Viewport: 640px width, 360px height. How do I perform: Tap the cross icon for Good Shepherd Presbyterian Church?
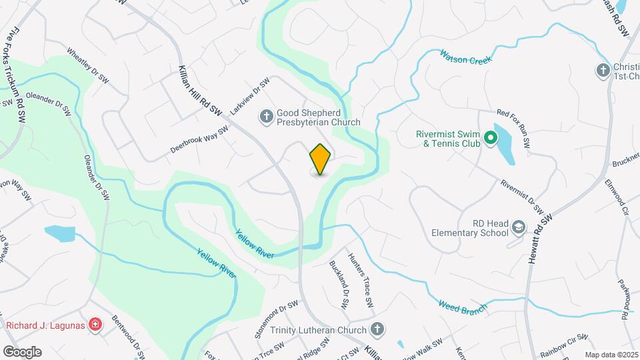coord(266,117)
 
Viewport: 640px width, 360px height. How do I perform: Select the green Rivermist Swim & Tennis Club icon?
coord(491,138)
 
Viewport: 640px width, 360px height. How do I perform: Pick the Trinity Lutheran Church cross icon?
coord(377,329)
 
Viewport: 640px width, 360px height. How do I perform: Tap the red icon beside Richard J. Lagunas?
coord(96,325)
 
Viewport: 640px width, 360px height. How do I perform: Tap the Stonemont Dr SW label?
coord(276,315)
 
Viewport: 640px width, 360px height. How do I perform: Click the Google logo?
coord(22,351)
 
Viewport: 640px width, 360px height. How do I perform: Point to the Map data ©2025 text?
coord(611,355)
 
